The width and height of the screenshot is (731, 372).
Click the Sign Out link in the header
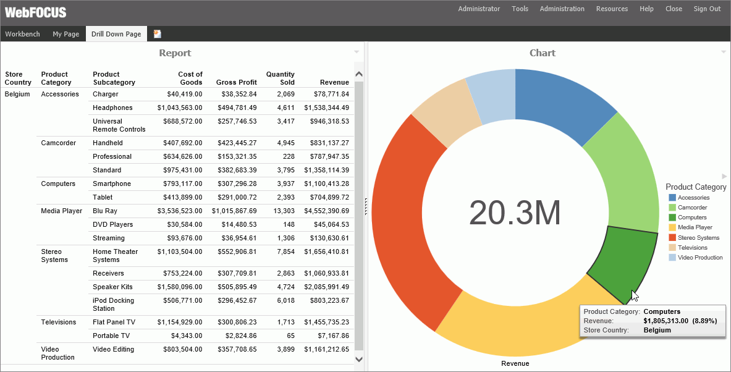(x=707, y=9)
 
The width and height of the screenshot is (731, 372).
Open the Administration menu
(x=562, y=9)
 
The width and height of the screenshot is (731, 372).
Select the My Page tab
(x=65, y=34)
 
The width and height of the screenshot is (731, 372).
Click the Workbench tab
(x=23, y=34)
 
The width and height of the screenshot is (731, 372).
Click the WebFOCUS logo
(x=36, y=12)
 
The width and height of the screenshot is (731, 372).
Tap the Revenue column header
(x=334, y=82)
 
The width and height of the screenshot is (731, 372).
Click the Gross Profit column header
(x=236, y=82)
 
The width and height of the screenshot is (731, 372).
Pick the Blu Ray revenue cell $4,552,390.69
(x=326, y=211)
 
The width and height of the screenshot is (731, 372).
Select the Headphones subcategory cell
(x=112, y=108)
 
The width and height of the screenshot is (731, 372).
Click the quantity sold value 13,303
(x=282, y=211)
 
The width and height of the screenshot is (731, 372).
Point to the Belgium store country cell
(x=17, y=94)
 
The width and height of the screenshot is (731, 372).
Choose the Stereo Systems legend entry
(x=698, y=237)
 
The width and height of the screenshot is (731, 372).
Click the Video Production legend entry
(x=699, y=257)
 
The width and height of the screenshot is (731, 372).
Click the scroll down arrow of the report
(x=359, y=359)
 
